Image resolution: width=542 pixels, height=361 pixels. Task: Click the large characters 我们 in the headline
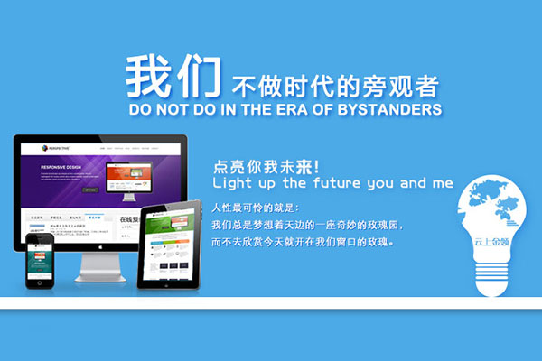coord(172,77)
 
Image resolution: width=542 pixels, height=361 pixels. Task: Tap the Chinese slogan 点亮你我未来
coord(262,166)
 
